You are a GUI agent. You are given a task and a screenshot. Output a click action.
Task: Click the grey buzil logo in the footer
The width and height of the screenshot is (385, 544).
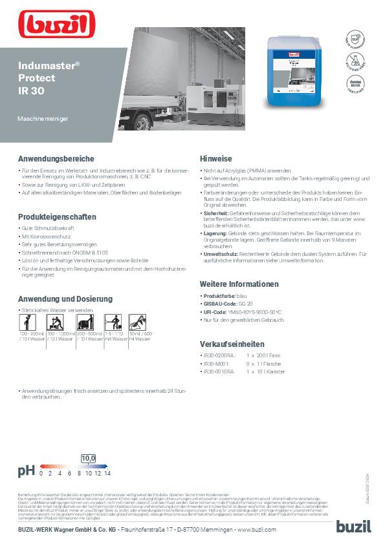click(353, 526)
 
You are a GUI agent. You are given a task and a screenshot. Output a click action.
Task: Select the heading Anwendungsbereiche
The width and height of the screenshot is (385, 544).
click(56, 158)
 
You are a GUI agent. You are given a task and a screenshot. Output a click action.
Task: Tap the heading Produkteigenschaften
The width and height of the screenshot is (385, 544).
click(58, 216)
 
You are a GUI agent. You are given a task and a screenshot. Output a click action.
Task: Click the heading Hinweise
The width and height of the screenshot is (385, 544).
click(216, 158)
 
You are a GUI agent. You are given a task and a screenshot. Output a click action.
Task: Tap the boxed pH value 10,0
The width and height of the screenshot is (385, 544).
click(88, 458)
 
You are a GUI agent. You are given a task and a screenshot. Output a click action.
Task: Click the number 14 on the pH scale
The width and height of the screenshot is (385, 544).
click(107, 473)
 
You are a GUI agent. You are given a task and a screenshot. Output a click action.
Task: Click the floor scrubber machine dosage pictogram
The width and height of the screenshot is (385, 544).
click(91, 322)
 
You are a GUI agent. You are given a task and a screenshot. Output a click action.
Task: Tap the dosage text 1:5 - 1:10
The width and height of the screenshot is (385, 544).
click(115, 333)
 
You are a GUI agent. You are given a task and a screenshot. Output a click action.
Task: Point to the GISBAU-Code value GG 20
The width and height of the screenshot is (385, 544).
click(245, 304)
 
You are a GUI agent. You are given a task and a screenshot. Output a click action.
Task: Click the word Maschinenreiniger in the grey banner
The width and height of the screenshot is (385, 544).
click(43, 121)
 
